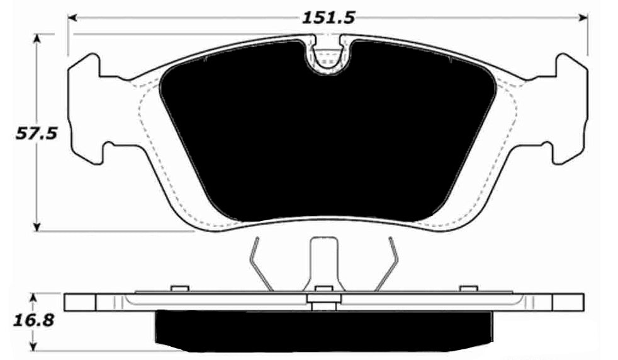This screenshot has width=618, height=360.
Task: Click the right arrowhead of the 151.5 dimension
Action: point(583,17)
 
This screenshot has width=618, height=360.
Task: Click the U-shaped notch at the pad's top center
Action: point(326,57)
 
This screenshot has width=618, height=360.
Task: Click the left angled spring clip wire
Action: point(260,264)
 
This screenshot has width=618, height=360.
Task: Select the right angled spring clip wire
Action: point(387,264)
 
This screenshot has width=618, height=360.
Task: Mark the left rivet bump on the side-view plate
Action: point(181,289)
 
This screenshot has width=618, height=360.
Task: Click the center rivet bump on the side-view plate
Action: point(323,289)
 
